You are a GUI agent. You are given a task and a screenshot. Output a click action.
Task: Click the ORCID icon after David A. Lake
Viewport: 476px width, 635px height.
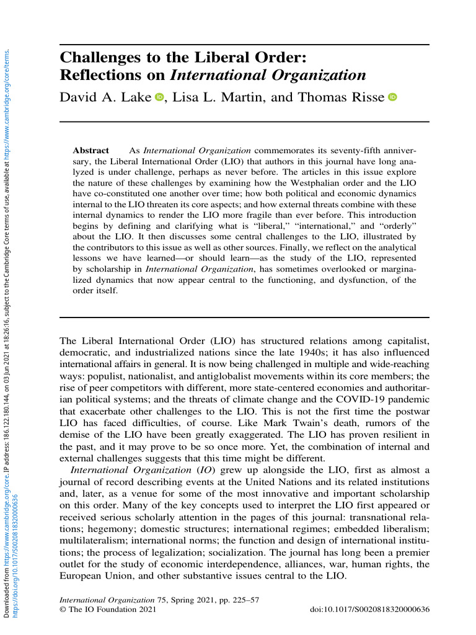pyautogui.click(x=159, y=97)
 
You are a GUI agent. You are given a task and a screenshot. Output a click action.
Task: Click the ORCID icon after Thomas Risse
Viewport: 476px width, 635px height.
pyautogui.click(x=392, y=97)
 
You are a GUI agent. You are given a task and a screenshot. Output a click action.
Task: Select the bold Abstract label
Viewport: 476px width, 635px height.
pyautogui.click(x=91, y=151)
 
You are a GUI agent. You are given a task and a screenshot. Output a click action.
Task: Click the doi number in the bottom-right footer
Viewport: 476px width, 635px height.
pyautogui.click(x=369, y=610)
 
